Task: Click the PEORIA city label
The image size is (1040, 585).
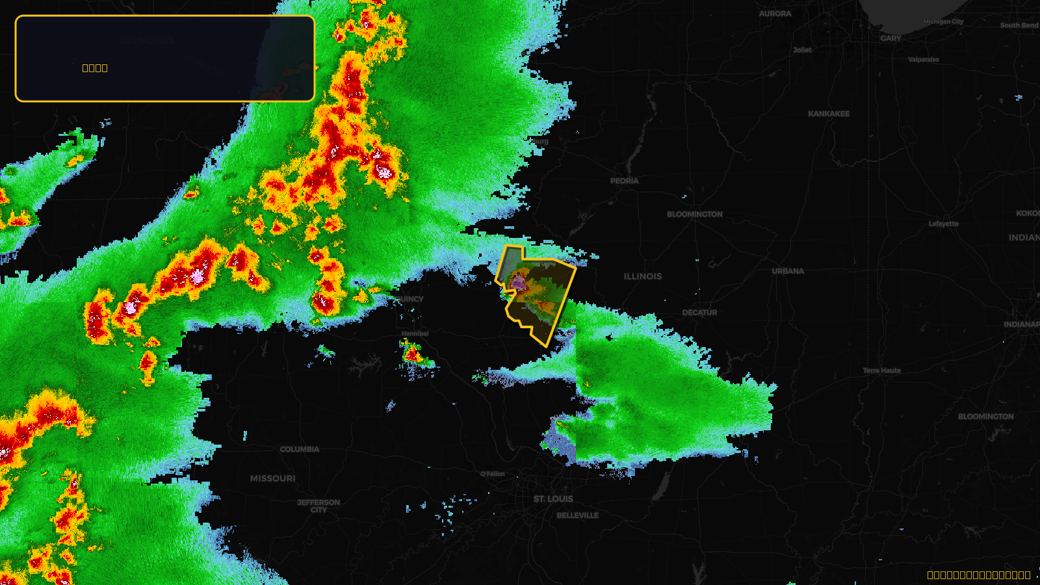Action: (624, 181)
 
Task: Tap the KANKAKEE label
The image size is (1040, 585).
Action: (828, 114)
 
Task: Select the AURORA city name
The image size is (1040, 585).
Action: (775, 14)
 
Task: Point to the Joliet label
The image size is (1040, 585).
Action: (802, 50)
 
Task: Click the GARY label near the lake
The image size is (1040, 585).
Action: (890, 38)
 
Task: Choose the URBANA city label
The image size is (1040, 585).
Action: (788, 271)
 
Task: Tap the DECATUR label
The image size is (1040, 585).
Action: (699, 313)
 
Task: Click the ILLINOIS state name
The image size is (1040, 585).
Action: (642, 276)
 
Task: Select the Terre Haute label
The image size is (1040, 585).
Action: (881, 370)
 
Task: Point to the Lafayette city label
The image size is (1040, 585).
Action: (943, 224)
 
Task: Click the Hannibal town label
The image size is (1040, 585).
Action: (415, 333)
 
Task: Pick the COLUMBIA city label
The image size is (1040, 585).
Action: (299, 449)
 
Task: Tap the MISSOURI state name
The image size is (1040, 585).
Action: (272, 478)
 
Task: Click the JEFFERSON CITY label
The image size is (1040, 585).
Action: (318, 506)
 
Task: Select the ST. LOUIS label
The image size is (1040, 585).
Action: (553, 499)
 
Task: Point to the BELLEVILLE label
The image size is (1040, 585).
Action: (577, 515)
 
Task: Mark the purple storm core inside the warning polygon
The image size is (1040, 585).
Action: (518, 282)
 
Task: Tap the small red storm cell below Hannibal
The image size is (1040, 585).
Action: (412, 355)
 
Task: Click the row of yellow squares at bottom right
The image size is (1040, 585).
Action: (978, 575)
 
